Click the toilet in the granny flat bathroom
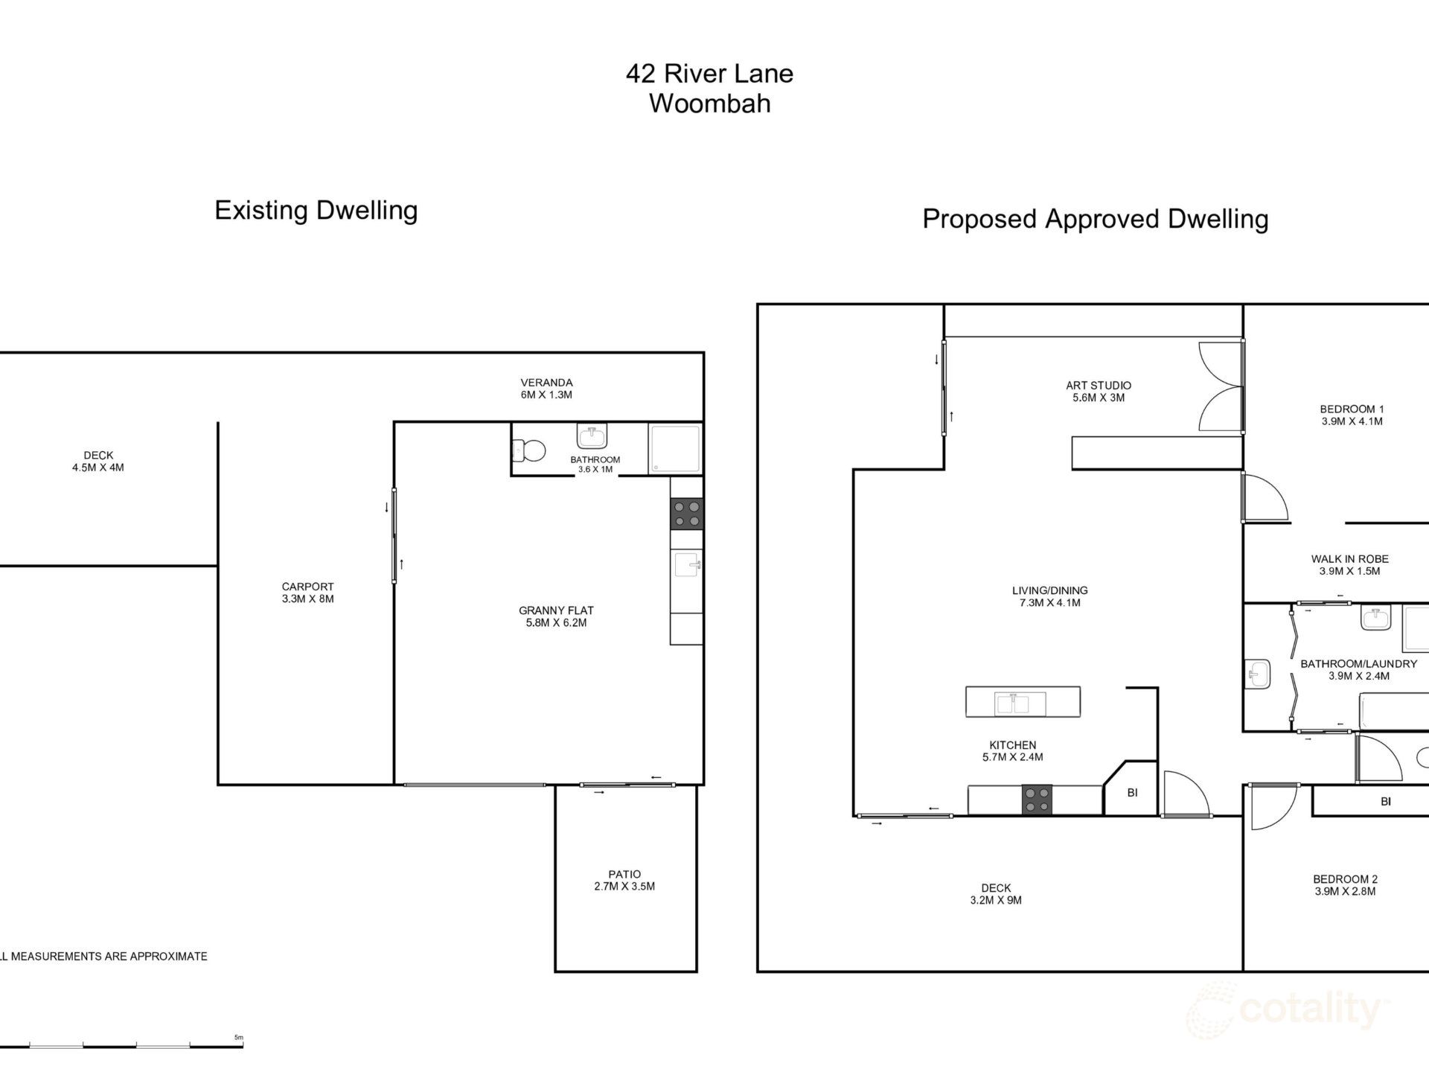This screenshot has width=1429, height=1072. (529, 450)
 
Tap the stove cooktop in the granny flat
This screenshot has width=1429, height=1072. (686, 514)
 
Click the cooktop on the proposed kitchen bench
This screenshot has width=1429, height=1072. (1037, 800)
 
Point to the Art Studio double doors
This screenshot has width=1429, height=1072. (1221, 386)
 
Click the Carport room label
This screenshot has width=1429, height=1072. (307, 587)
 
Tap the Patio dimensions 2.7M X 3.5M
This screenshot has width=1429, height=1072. (624, 887)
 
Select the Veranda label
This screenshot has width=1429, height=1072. (546, 383)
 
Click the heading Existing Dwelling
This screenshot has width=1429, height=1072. (316, 211)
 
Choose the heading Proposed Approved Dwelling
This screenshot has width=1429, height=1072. (1095, 219)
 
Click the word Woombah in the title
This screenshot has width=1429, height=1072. (709, 103)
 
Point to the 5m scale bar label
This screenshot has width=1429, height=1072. (239, 1037)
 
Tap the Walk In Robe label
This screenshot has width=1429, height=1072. (1349, 559)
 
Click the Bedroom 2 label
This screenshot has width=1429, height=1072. (1345, 879)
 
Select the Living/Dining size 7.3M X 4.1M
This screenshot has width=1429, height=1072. (1049, 603)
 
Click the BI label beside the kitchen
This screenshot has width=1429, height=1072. (1132, 793)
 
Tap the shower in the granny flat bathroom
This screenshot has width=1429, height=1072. (675, 449)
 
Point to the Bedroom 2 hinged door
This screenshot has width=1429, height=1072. (1273, 808)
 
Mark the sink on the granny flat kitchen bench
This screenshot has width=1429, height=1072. (687, 564)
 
